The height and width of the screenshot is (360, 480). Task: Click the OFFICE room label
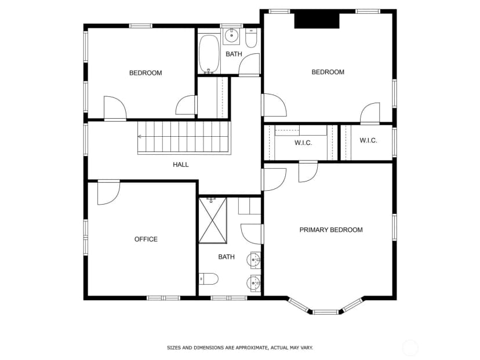click(x=146, y=239)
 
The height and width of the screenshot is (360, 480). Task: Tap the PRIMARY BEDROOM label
click(x=331, y=230)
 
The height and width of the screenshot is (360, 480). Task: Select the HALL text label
click(x=181, y=165)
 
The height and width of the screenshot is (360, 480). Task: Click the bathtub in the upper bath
click(x=209, y=54)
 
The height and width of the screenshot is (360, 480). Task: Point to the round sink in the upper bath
click(x=232, y=36)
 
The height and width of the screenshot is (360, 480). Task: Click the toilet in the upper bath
click(x=251, y=38)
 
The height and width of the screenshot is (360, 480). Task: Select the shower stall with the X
click(x=213, y=220)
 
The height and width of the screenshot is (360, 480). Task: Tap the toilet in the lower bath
click(x=209, y=279)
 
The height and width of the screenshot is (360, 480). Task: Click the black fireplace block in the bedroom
click(x=317, y=21)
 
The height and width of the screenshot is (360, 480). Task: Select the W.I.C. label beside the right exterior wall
click(x=368, y=140)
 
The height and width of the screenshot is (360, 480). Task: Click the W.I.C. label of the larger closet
click(x=303, y=143)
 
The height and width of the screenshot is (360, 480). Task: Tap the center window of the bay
click(x=326, y=312)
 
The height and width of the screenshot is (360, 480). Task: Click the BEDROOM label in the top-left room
click(x=146, y=73)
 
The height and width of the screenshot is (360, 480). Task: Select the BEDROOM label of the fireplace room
click(x=328, y=72)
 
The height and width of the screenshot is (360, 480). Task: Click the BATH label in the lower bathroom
click(x=227, y=257)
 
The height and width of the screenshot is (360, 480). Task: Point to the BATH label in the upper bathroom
click(x=234, y=54)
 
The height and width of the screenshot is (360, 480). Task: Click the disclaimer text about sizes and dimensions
click(x=240, y=348)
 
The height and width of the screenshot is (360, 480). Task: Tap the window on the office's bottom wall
click(x=163, y=298)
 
